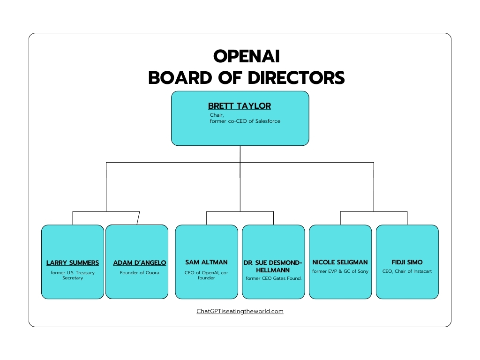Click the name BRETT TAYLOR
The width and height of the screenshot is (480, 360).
pos(240,106)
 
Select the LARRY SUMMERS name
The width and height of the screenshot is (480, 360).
pos(73,262)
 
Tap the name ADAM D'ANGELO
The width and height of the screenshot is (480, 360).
pos(140,262)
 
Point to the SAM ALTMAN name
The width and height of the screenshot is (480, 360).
pos(206,262)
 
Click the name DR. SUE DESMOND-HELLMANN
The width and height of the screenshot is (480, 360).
pos(273,266)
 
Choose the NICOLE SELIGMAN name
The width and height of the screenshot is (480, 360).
pos(340,262)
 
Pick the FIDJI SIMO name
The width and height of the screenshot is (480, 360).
pos(407,262)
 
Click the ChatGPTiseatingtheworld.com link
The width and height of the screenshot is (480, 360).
pos(240,311)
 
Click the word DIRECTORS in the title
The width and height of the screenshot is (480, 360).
pos(296,78)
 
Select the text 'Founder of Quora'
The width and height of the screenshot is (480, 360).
pos(139,273)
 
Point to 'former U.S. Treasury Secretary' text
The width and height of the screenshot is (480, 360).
pos(73,275)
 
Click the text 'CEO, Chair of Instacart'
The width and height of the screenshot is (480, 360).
pos(407,271)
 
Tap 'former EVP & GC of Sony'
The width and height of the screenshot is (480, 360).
pos(340,271)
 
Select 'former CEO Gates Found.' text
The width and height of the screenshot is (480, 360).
pos(273,278)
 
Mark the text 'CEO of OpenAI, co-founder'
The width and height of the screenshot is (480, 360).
pos(206,275)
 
